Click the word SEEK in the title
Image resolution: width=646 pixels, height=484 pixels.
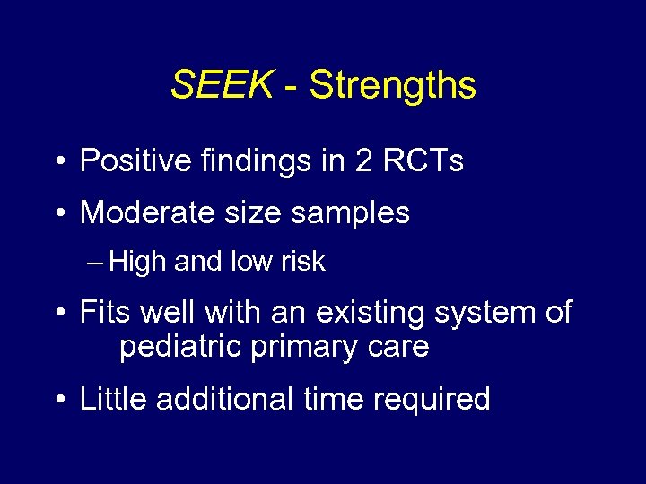pos(221,85)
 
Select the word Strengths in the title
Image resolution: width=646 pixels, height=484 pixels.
pos(392,86)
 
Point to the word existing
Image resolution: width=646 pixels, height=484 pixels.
pos(342,313)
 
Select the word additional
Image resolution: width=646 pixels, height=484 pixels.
pos(223,399)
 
